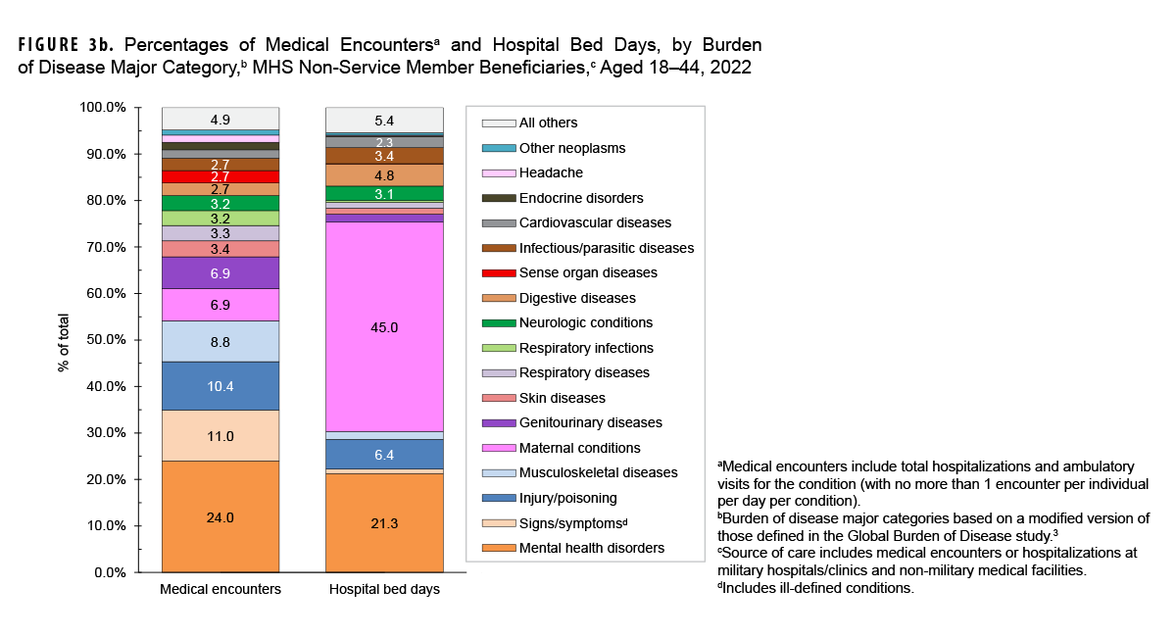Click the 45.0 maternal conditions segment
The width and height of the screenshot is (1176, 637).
pyautogui.click(x=384, y=327)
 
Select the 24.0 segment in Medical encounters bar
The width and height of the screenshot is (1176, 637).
pyautogui.click(x=220, y=516)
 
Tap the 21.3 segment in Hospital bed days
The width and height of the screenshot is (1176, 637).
pyautogui.click(x=384, y=523)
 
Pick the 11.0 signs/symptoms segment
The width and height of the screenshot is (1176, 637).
pyautogui.click(x=220, y=436)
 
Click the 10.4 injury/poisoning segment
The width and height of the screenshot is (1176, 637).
pyautogui.click(x=220, y=386)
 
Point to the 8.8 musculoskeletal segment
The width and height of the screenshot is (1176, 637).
pyautogui.click(x=220, y=341)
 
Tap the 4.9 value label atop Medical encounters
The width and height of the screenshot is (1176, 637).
pyautogui.click(x=220, y=120)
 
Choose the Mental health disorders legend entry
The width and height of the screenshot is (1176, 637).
pyautogui.click(x=591, y=548)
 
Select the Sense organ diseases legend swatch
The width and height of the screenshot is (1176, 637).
pyautogui.click(x=499, y=273)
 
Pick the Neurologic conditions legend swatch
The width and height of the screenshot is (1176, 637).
pyautogui.click(x=499, y=323)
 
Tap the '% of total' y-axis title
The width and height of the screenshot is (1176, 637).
pyautogui.click(x=65, y=339)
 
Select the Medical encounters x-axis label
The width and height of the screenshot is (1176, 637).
pyautogui.click(x=220, y=590)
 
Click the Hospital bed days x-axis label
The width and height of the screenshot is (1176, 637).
pyautogui.click(x=384, y=590)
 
